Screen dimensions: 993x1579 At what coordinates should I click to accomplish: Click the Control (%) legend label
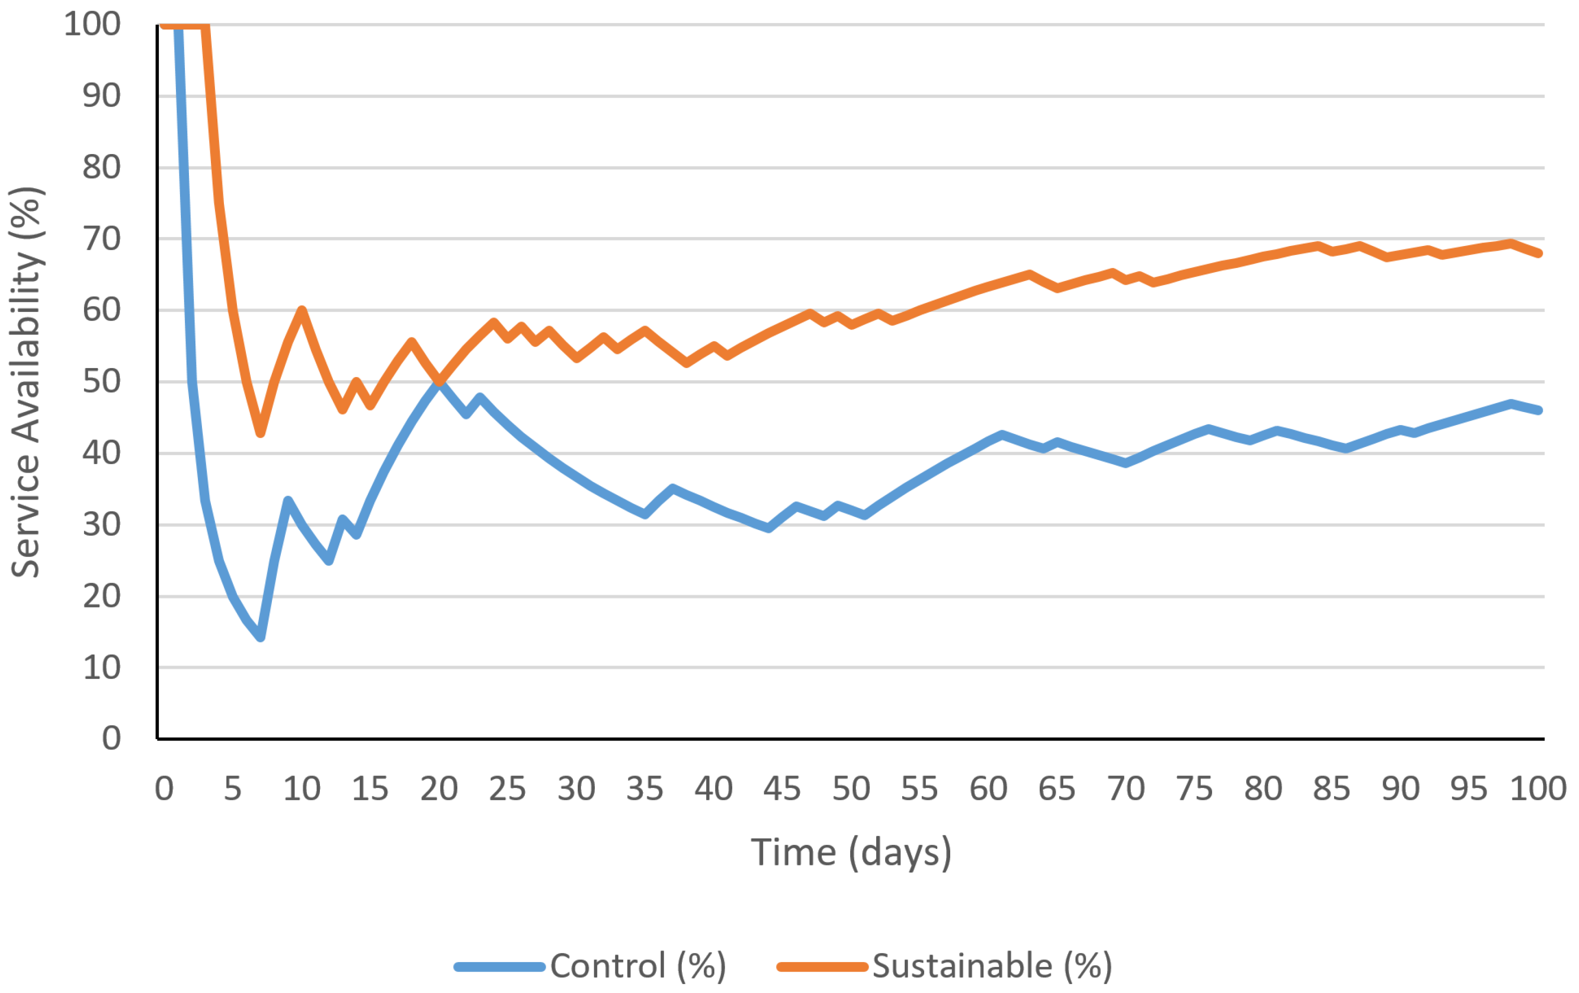coord(637,965)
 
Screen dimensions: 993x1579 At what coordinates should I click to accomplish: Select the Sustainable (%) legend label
coord(992,965)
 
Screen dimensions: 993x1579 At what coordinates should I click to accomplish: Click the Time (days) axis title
coord(851,852)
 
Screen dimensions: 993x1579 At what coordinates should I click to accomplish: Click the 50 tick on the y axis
coord(101,381)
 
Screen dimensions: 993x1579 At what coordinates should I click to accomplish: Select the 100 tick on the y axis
coord(92,24)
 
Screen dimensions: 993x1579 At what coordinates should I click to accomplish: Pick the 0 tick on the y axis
coord(111,738)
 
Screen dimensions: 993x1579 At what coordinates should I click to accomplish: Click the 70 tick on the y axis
coord(101,238)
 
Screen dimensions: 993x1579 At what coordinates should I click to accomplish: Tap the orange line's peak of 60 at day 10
coord(301,309)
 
